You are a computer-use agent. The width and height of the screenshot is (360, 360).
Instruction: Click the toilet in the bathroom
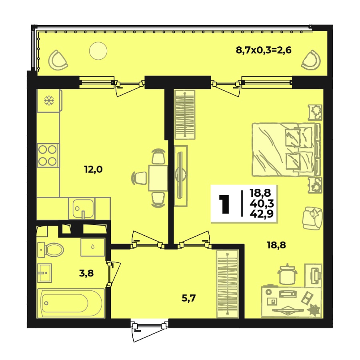coord(51,250)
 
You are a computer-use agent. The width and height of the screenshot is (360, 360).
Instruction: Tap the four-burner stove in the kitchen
coord(48,155)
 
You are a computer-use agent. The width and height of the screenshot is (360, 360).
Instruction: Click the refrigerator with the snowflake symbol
coord(48,101)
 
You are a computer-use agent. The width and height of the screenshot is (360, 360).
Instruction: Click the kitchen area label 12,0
coord(93,169)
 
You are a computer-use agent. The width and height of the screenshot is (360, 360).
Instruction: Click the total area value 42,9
coord(259,213)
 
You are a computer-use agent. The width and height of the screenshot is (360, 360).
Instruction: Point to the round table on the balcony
coord(98,51)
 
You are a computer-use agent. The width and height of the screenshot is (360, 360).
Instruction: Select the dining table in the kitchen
coord(158,177)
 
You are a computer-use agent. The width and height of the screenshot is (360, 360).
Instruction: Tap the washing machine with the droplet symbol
coord(93,247)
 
